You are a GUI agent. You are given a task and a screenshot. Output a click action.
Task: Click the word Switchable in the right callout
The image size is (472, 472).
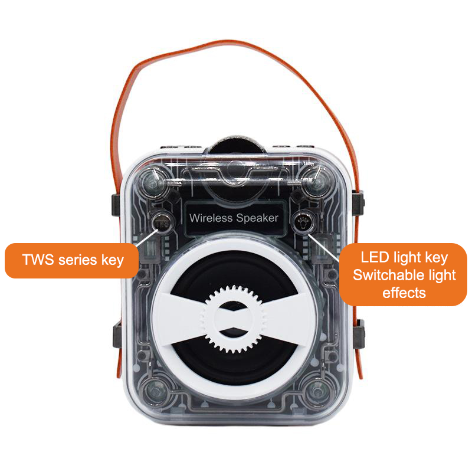(386, 275)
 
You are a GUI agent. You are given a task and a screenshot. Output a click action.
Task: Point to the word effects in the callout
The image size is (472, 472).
(404, 292)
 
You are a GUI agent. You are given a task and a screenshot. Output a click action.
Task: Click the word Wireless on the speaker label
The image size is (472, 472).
(211, 218)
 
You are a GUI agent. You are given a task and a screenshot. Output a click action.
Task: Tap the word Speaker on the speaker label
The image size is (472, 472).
(257, 218)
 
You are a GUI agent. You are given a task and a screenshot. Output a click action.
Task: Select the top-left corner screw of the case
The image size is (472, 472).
(153, 181)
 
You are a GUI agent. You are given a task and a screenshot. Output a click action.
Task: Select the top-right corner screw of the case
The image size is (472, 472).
(315, 180)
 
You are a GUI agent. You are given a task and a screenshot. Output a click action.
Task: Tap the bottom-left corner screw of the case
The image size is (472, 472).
(155, 391)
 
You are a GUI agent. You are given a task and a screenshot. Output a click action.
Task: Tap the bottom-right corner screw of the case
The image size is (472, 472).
(317, 391)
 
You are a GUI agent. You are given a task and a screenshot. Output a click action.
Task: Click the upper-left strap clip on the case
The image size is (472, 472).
(116, 205)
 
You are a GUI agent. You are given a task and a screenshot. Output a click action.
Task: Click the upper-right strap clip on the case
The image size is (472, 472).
(358, 203)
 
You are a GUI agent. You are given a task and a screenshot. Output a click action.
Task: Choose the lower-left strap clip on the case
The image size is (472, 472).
(117, 335)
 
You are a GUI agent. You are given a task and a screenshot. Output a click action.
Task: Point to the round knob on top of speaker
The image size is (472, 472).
(235, 146)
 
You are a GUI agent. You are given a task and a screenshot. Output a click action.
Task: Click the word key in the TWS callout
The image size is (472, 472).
(113, 260)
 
